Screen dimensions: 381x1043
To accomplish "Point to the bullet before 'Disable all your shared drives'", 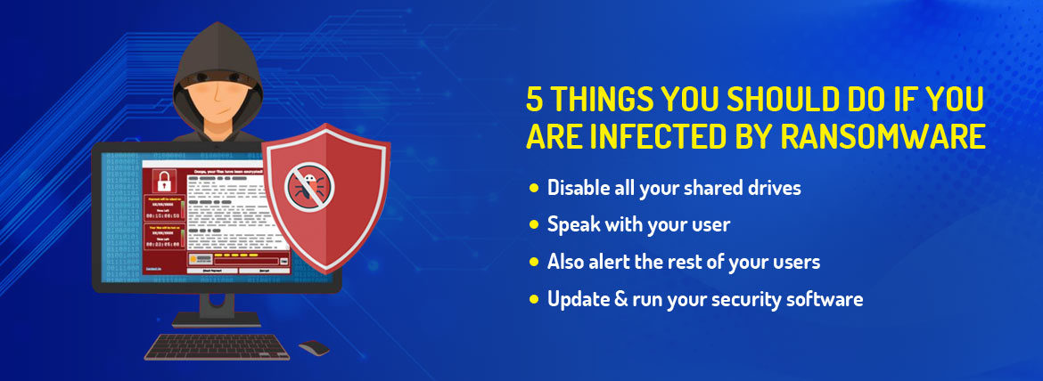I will [x=534, y=188].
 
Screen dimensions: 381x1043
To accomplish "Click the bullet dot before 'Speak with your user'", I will [x=534, y=225].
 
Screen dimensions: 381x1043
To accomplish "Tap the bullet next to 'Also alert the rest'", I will [x=534, y=262].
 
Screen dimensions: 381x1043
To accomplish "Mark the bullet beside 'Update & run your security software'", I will [x=534, y=299].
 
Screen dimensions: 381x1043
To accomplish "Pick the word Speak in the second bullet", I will [x=571, y=225].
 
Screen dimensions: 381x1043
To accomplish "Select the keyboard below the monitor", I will [x=216, y=345].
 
